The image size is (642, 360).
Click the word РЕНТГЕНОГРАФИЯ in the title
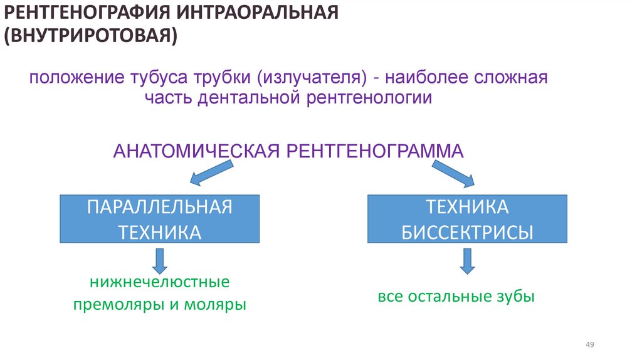88,13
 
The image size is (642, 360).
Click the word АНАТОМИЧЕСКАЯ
197,151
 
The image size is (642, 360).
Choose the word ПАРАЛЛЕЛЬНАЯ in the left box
160,207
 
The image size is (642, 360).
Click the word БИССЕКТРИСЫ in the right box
467,233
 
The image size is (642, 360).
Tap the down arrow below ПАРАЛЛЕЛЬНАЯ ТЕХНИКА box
159,260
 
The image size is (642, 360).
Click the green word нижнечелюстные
159,282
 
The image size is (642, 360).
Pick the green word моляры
215,305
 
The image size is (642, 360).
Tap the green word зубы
517,296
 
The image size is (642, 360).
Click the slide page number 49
589,345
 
